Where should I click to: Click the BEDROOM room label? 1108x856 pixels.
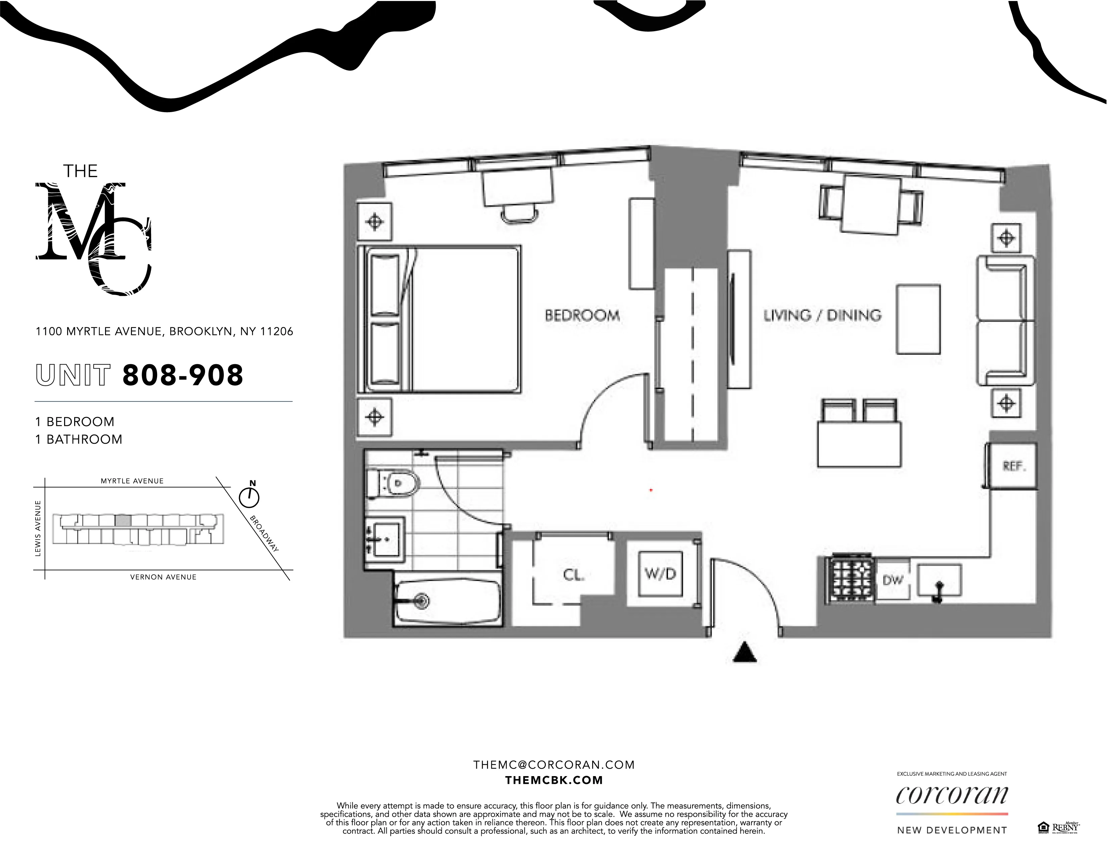coord(582,316)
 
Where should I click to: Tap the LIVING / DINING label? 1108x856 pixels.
coord(822,316)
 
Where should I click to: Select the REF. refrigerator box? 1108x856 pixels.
coord(1013,466)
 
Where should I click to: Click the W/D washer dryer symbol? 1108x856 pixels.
coord(660,574)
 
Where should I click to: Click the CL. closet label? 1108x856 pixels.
coord(574,575)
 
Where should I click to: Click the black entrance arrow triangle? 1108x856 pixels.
coord(745,653)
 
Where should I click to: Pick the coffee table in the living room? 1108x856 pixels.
coord(918,319)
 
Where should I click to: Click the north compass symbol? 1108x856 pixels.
coord(249,497)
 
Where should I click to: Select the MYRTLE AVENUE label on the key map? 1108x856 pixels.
coord(132,481)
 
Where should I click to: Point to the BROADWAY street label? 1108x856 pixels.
coord(264,534)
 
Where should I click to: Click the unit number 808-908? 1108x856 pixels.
coord(183,376)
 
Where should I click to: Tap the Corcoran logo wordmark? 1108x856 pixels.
coord(952,794)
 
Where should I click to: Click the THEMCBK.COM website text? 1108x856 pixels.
coord(554,780)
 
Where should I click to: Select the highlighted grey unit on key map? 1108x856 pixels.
coord(123,521)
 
